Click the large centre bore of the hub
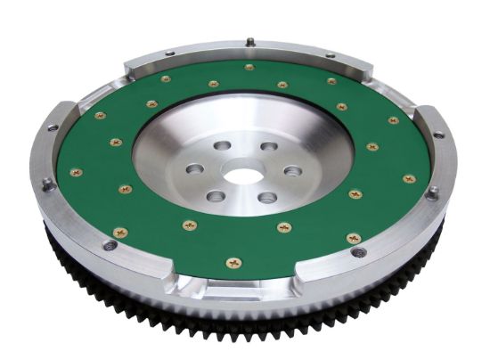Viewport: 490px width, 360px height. coord(243,176)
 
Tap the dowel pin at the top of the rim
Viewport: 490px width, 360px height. coord(252,41)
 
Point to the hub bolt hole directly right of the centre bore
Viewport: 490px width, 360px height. coord(291,170)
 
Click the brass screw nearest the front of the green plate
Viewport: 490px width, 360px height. coord(233,262)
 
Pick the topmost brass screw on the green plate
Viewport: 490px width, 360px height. coord(249,67)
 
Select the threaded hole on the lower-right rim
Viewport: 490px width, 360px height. coord(359,252)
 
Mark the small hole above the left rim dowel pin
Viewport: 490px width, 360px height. coord(53,127)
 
